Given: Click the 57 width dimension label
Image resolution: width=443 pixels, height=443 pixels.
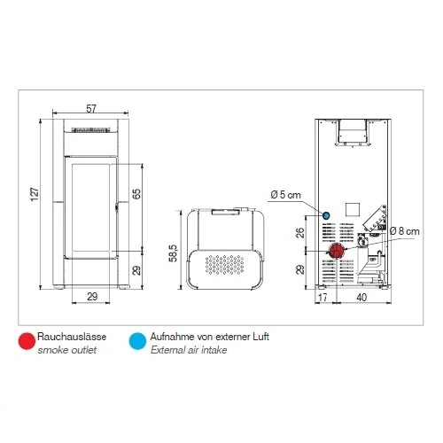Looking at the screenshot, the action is click(x=91, y=109).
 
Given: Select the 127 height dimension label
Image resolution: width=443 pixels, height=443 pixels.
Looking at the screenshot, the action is click(x=35, y=194).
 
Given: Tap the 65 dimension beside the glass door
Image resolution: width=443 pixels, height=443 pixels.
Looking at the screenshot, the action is click(x=136, y=194).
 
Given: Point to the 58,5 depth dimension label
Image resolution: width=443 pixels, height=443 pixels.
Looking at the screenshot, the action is click(x=173, y=253).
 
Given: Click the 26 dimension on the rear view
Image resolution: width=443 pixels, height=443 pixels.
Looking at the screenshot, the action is click(x=299, y=233).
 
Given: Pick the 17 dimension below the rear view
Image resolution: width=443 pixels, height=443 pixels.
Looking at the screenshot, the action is click(x=323, y=297).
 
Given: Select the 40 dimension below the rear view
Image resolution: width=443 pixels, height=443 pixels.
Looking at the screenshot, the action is click(x=361, y=297).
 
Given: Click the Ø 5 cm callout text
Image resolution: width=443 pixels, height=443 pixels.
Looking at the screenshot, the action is click(x=285, y=195).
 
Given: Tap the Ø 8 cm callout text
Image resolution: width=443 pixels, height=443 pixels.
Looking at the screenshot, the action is click(x=404, y=231).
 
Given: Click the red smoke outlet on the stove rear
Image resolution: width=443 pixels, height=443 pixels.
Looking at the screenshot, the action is click(x=337, y=251).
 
